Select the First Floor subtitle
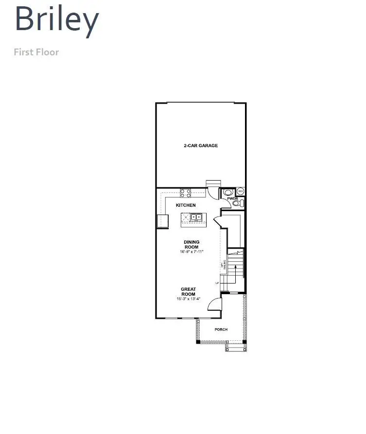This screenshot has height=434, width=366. (36, 51)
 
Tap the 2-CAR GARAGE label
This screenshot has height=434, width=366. (200, 146)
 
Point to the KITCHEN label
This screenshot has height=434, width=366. (186, 205)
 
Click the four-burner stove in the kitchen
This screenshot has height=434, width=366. (186, 193)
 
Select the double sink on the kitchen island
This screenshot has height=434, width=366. (196, 217)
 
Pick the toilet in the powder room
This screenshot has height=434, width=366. (237, 204)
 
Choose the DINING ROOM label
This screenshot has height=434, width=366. (191, 244)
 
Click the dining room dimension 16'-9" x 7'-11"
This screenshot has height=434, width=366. (191, 252)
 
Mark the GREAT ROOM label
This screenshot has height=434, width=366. (188, 291)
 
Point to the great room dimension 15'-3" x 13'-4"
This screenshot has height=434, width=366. (188, 299)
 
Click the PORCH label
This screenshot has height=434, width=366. (221, 330)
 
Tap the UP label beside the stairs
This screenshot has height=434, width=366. (217, 283)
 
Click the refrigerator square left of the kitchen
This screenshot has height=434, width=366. (162, 221)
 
